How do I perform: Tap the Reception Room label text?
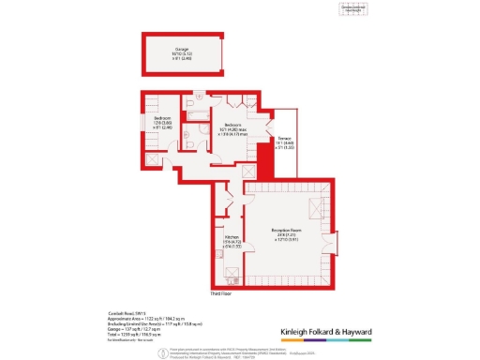click(285, 231)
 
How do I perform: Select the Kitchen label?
click(228, 241)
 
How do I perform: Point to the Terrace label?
click(284, 141)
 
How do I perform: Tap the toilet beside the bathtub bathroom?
click(188, 102)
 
